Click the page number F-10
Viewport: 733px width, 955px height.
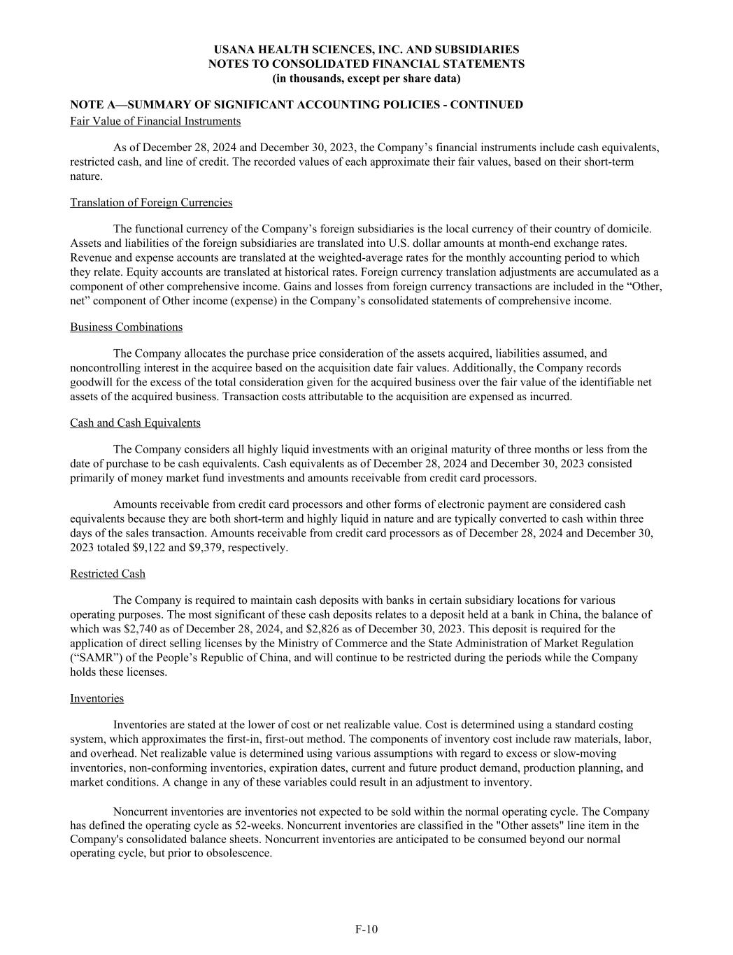[x=366, y=929]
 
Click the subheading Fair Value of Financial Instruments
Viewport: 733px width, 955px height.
[x=155, y=121]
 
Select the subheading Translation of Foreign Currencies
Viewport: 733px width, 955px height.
[x=151, y=202]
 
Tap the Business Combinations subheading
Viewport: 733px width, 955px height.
[x=126, y=327]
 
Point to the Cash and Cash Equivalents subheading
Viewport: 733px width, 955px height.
[x=135, y=423]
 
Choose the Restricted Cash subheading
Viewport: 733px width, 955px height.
[x=108, y=574]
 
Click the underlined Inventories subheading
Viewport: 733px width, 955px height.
[x=97, y=698]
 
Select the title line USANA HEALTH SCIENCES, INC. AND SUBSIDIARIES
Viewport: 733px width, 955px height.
[x=366, y=50]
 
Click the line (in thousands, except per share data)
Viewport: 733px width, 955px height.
[x=366, y=78]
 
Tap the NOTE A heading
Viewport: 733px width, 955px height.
[x=296, y=105]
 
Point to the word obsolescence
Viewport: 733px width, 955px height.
[x=239, y=853]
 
